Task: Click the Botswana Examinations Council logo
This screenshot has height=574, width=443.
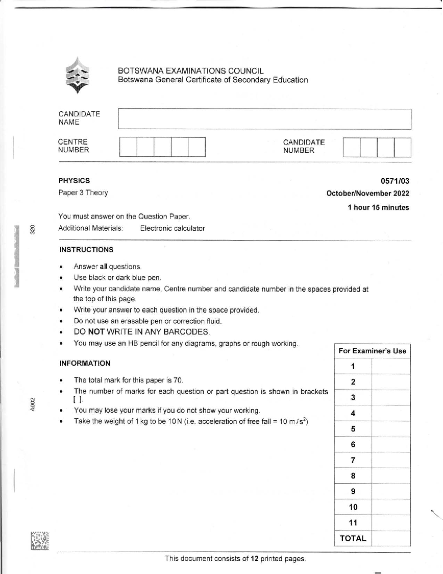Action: [x=77, y=75]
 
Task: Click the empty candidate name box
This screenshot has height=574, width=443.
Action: [x=264, y=119]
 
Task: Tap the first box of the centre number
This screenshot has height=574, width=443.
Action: [x=128, y=147]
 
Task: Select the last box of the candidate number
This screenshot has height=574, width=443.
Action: [x=402, y=147]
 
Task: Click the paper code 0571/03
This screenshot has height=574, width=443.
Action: [x=395, y=181]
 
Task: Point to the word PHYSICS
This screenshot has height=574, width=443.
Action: [x=74, y=181]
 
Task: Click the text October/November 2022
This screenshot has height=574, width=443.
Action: [x=368, y=193]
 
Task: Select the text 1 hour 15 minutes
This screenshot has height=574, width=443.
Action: [x=378, y=208]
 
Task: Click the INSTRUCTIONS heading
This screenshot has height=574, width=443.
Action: [x=86, y=249]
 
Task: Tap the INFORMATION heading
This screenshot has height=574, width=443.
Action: [x=85, y=363]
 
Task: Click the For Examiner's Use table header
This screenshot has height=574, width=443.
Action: [x=372, y=351]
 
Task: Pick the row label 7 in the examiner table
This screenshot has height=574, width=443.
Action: [x=353, y=460]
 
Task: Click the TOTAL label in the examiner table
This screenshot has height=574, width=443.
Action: [x=353, y=539]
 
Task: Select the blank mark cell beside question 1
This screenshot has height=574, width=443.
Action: [x=391, y=366]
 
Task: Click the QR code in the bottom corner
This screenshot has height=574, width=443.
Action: [x=40, y=541]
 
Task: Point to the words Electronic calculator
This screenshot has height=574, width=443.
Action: [x=172, y=228]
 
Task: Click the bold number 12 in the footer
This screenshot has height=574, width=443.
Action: [x=254, y=558]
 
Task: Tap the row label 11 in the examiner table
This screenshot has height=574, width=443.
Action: [x=353, y=523]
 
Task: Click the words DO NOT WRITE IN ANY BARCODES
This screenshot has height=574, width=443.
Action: [x=142, y=332]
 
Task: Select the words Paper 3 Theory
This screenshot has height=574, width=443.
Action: [x=83, y=193]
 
